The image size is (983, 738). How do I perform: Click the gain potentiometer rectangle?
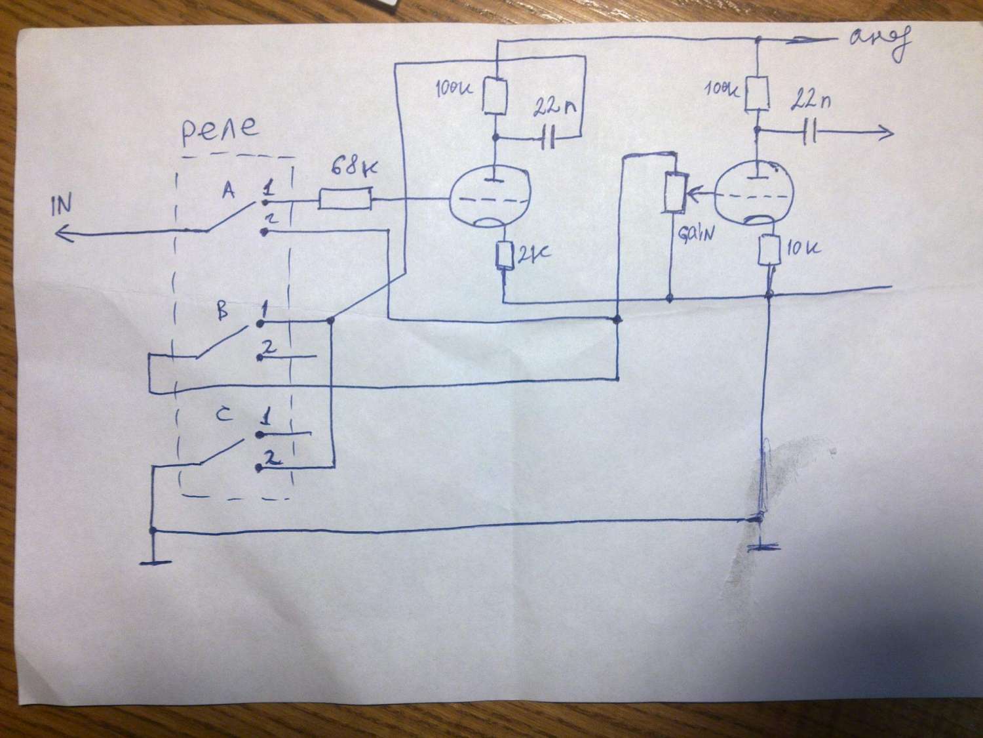click(673, 192)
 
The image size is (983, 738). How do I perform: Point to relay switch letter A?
click(228, 191)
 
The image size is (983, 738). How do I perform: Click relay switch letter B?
click(223, 314)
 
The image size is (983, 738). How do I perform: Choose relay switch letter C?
click(223, 415)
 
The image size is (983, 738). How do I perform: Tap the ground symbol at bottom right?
click(760, 546)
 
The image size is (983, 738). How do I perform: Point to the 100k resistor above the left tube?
click(495, 96)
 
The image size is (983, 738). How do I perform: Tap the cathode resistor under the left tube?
click(505, 256)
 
